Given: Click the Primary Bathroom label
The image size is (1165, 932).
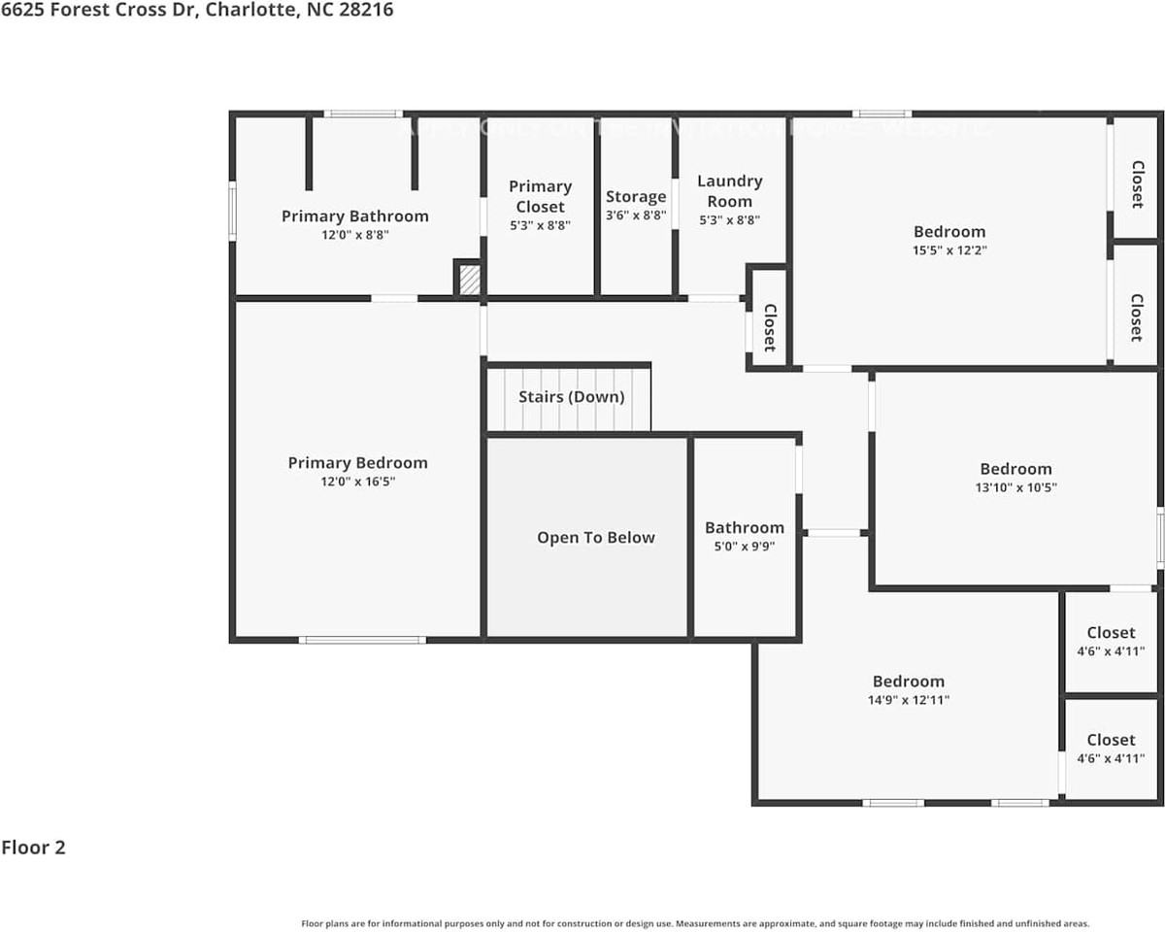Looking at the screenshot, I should click(354, 216).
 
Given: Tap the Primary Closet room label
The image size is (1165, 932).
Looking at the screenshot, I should click(540, 196).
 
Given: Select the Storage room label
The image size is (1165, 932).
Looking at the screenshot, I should click(636, 196).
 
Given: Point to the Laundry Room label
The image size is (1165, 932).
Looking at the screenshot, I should click(729, 190).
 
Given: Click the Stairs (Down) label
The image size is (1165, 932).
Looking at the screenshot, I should click(571, 396).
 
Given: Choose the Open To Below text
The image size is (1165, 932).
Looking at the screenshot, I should click(595, 537).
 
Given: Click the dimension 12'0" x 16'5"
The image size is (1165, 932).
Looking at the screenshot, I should click(357, 481).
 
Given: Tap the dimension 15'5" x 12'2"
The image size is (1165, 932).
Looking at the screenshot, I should click(949, 250).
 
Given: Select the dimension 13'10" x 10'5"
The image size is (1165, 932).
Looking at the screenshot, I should click(1015, 487).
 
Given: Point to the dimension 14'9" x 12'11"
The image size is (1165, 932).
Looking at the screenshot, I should click(908, 699).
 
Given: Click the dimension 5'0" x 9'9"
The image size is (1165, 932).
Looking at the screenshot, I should click(745, 546).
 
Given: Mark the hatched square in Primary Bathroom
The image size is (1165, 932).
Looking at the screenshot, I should click(469, 280).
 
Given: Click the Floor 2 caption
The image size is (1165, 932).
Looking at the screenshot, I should click(33, 847).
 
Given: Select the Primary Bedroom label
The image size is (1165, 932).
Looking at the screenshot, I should click(357, 462).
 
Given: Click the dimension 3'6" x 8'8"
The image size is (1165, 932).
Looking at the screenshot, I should click(636, 216).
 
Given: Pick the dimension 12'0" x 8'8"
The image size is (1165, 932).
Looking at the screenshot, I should click(354, 234).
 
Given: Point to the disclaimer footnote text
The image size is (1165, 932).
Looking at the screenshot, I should click(695, 923).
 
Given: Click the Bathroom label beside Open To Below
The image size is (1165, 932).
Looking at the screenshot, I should click(745, 527).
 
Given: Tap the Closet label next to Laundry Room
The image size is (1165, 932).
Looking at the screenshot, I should click(769, 327).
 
